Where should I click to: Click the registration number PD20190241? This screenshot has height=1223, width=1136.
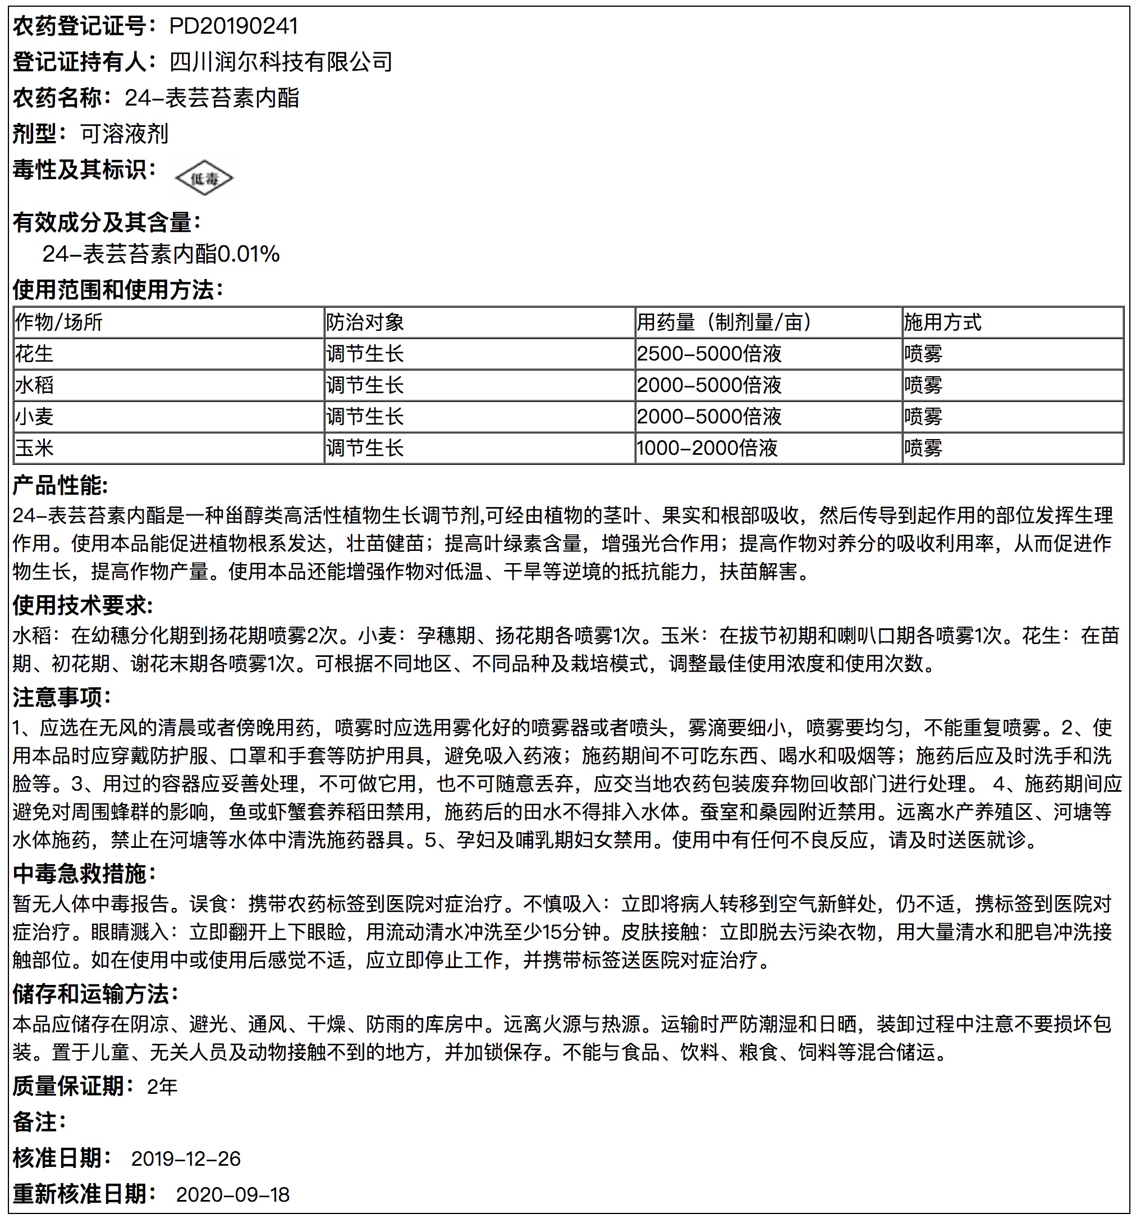(x=233, y=26)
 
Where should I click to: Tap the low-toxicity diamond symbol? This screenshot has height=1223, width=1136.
(x=205, y=179)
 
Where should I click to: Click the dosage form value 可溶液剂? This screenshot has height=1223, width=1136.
(x=124, y=134)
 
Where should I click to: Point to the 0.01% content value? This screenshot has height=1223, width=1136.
(x=249, y=253)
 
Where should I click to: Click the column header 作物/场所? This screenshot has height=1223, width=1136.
(x=59, y=322)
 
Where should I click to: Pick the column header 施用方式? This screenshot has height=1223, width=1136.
(x=942, y=322)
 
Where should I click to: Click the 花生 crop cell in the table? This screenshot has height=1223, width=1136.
(x=34, y=354)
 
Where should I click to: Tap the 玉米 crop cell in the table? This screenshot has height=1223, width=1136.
(x=34, y=448)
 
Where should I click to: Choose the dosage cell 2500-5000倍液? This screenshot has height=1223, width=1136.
(x=709, y=354)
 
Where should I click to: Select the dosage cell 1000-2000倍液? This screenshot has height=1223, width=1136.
(x=707, y=448)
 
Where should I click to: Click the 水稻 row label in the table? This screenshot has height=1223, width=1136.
(x=34, y=385)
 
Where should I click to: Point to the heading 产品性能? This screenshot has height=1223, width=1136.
(x=60, y=486)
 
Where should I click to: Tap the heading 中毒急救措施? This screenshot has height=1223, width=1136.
(x=84, y=873)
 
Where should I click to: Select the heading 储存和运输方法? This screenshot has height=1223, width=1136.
(x=95, y=994)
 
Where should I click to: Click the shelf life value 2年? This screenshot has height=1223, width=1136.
(x=162, y=1087)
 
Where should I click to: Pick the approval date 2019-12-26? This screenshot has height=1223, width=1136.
(x=186, y=1158)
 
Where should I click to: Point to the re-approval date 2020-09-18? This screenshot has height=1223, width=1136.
(x=232, y=1194)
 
